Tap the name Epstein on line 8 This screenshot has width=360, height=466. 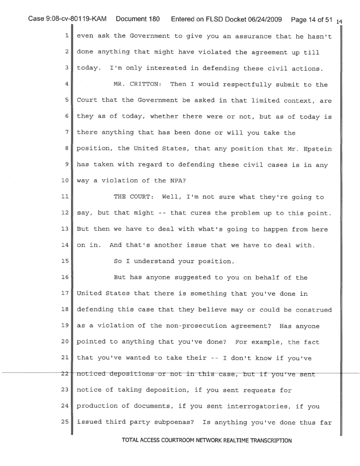[325, 132]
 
